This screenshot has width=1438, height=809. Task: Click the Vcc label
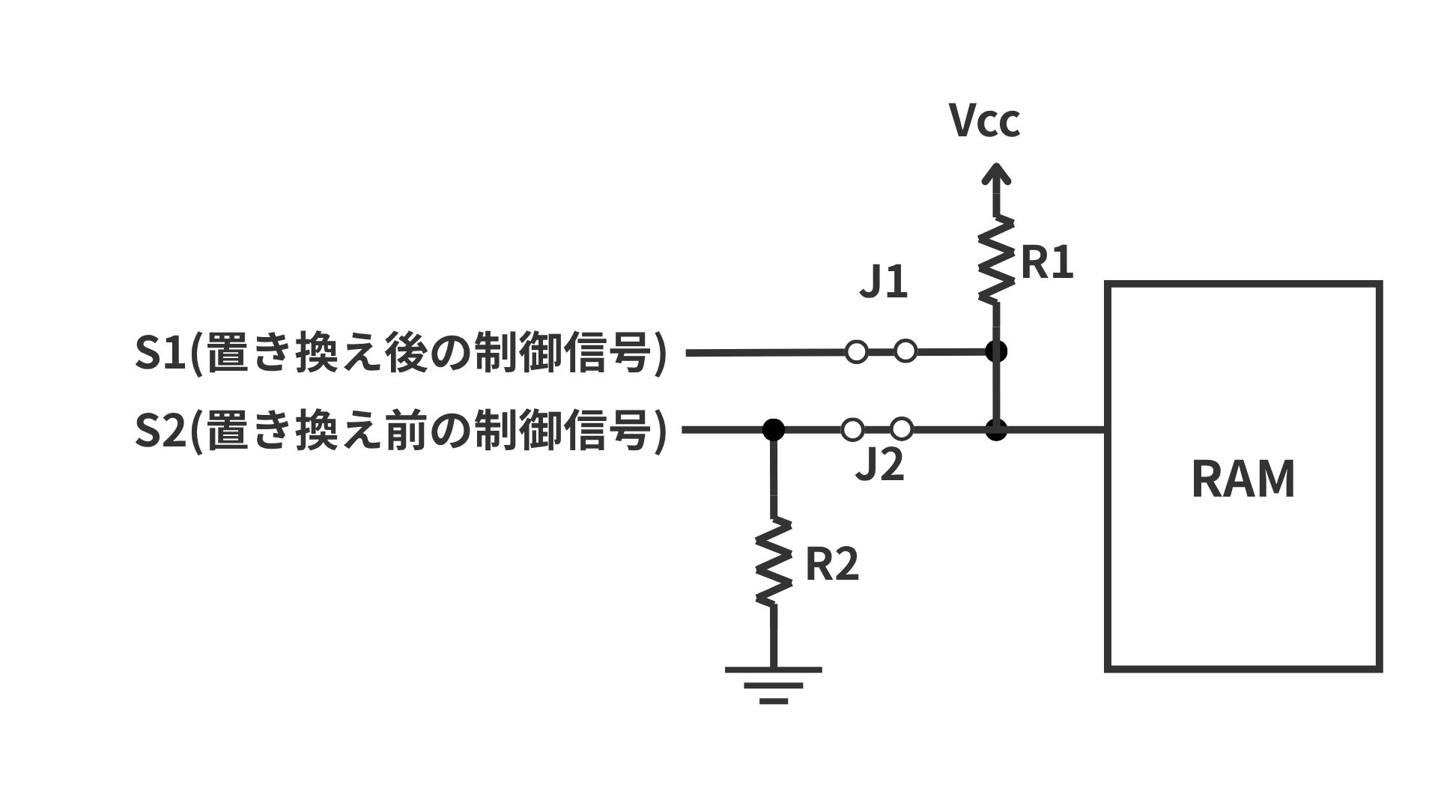point(984,121)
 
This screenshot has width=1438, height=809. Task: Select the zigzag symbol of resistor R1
point(996,259)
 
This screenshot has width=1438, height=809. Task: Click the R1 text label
point(1047,263)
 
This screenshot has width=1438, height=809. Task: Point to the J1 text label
point(883,282)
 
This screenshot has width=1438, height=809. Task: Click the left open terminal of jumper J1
point(856,351)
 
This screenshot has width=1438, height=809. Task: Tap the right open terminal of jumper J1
point(905,351)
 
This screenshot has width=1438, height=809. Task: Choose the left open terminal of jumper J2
point(852,429)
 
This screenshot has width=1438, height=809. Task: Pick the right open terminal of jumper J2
point(902,429)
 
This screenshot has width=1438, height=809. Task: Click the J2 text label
point(880,465)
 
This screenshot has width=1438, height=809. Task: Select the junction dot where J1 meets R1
point(996,351)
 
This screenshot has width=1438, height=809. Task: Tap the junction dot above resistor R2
point(773,429)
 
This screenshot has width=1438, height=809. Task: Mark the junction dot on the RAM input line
point(996,430)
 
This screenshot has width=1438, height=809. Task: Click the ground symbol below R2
point(773,685)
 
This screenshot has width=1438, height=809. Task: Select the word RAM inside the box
point(1243,479)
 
